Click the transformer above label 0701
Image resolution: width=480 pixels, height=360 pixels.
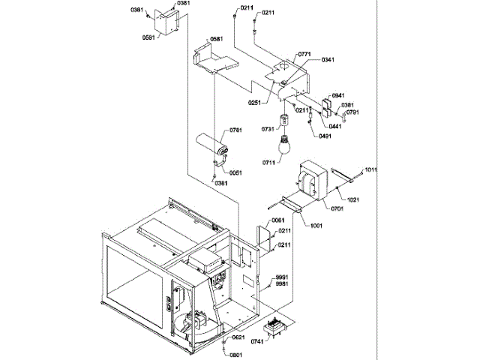pos(313,182)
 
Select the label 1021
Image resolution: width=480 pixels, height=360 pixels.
pos(352,199)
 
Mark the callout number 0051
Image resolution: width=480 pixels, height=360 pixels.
pos(236,172)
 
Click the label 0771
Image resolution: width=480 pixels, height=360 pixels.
pos(304,55)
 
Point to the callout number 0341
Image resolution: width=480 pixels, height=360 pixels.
pos(328,60)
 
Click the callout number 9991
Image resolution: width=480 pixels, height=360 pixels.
pos(282,277)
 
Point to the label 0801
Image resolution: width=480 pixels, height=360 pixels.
pos(236,355)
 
